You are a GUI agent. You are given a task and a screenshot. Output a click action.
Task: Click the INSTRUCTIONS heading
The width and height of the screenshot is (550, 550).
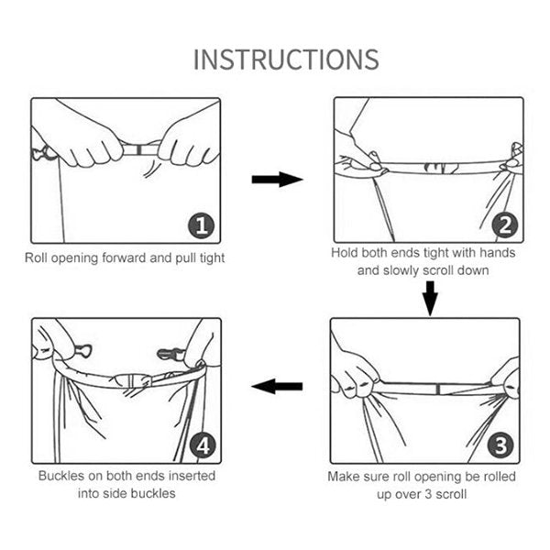(286, 60)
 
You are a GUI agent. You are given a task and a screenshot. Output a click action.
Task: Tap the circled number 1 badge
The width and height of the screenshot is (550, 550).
(201, 225)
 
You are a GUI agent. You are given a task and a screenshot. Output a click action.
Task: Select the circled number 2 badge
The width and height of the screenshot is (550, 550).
(505, 225)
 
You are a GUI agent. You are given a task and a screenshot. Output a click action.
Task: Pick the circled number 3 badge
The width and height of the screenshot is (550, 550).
(500, 445)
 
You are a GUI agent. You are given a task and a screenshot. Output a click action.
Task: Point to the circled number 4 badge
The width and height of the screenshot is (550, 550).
(203, 446)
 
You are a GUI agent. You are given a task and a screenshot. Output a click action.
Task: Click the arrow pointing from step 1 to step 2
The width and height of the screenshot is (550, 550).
(278, 180)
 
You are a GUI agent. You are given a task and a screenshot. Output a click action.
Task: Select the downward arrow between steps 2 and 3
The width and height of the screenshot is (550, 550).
(430, 299)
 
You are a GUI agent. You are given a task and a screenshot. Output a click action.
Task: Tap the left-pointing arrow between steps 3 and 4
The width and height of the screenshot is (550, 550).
(277, 387)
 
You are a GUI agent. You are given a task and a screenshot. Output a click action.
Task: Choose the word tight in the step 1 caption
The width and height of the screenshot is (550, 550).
(212, 258)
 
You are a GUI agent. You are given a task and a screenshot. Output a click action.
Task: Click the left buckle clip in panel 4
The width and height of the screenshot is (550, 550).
(82, 350)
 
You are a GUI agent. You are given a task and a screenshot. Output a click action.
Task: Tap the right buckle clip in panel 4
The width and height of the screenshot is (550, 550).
(170, 354)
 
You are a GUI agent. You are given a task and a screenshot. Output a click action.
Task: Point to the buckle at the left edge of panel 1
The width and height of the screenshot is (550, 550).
(41, 153)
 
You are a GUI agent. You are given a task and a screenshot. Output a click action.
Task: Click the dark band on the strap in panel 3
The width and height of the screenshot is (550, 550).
(438, 389)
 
